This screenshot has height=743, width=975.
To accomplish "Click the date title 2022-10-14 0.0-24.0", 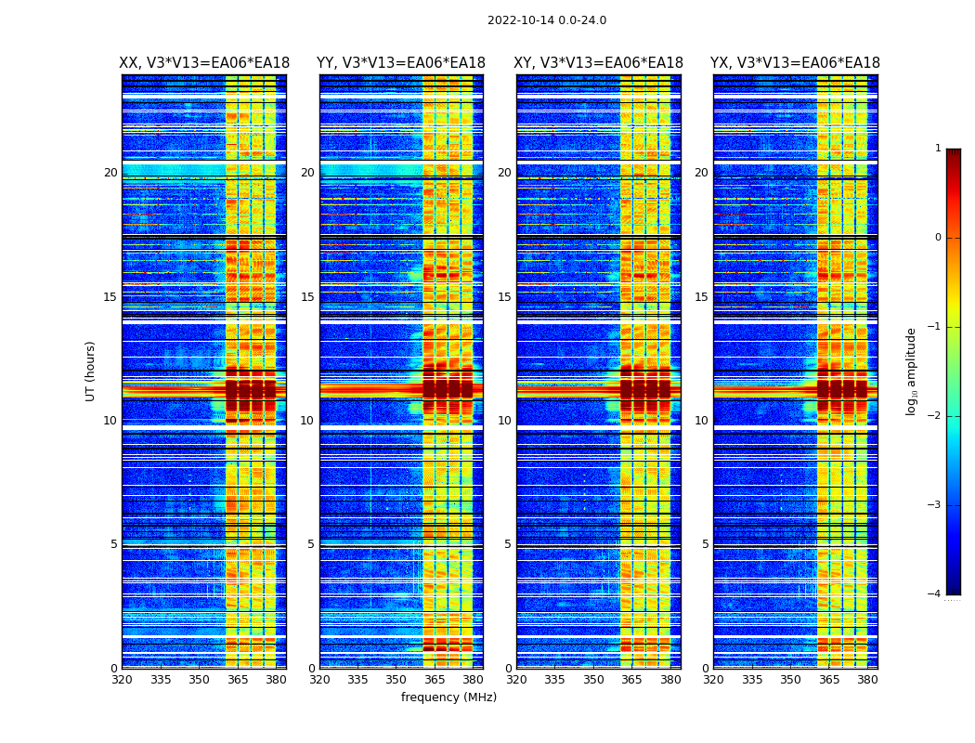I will pos(547,20).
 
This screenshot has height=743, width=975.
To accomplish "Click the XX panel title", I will pos(204,63).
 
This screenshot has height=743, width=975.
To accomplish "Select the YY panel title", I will pos(401,63).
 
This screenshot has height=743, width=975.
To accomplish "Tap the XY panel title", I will pos(599,63).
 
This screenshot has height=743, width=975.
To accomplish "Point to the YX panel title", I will pos(795,63).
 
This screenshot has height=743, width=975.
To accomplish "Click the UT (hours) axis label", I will pos(91,371).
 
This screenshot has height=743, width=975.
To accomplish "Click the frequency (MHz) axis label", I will pos(448,697).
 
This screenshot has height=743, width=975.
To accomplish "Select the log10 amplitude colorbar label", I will pos(912,371).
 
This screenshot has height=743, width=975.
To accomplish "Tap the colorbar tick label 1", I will pos(938,149).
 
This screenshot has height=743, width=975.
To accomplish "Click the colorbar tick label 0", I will pos(938,238).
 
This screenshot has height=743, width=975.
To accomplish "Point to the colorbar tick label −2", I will pos(935,416).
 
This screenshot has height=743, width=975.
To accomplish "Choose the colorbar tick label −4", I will pos(935,594).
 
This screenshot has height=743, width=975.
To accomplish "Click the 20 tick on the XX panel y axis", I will pos(110,173).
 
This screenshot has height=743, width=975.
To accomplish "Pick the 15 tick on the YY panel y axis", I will pos(307,297).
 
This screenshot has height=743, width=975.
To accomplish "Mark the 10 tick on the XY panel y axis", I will pos(504,421).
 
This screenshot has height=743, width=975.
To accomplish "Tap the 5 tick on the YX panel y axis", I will pos(705,544).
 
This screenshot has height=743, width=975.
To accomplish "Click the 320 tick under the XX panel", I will pos(122,680).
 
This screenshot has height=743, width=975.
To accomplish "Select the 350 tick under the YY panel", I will pos(396,680).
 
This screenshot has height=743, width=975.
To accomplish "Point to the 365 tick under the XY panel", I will pos(631,680).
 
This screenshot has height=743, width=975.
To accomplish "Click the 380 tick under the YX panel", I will pos(867,680).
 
